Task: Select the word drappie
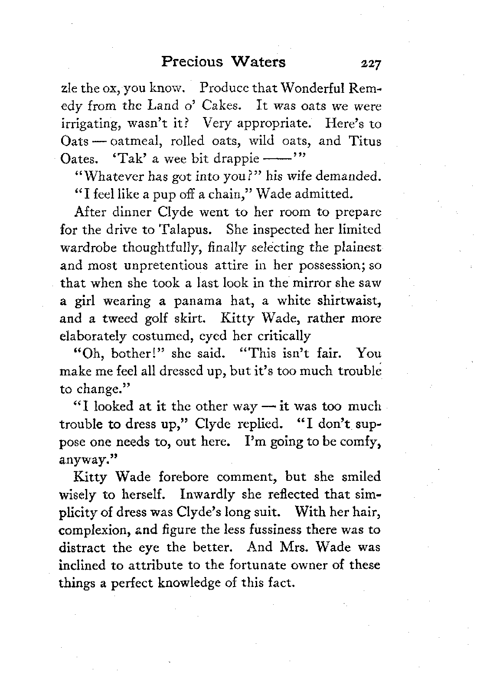pyautogui.click(x=238, y=159)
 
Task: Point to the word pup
pyautogui.click(x=157, y=194)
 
